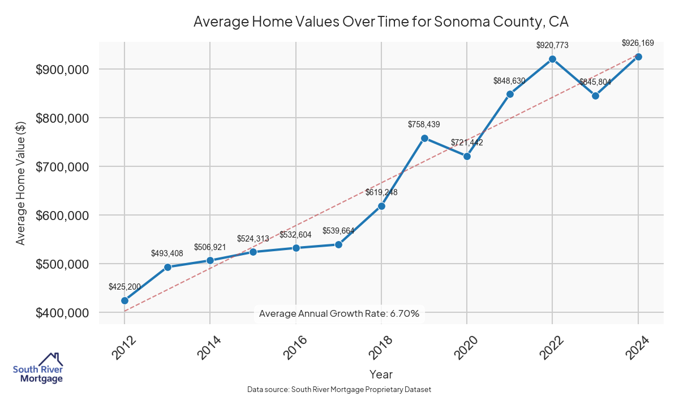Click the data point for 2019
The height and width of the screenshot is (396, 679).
tap(424, 138)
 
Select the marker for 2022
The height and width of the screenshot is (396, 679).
tap(552, 59)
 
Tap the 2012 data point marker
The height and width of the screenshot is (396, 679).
tap(124, 300)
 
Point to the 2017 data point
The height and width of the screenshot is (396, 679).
tap(338, 244)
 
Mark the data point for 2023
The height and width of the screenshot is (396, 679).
tap(595, 96)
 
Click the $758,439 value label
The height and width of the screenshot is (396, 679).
tap(424, 124)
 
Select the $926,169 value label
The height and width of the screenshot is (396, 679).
tap(638, 43)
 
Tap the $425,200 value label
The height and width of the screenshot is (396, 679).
tap(124, 287)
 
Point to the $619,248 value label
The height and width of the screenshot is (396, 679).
tap(381, 192)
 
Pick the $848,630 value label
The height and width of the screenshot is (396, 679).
tap(509, 81)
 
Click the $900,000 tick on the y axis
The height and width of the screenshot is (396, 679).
tap(62, 70)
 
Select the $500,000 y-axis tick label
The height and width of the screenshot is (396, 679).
tap(62, 264)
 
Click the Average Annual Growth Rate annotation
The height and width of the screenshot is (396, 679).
tap(339, 313)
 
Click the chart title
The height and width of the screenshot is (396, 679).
tap(381, 22)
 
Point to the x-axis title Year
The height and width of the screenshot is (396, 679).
tap(381, 374)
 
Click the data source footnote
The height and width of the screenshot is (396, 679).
tap(339, 390)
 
